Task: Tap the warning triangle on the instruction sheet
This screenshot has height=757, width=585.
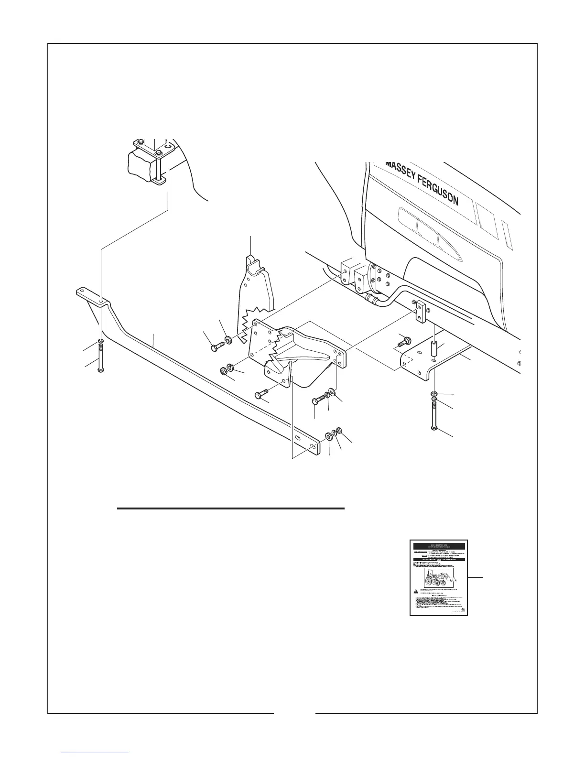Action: click(x=416, y=591)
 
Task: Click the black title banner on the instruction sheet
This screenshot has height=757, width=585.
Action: click(x=438, y=545)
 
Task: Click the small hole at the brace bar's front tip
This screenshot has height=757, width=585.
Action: click(x=82, y=290)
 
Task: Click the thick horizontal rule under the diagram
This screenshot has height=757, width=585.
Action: click(x=231, y=508)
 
